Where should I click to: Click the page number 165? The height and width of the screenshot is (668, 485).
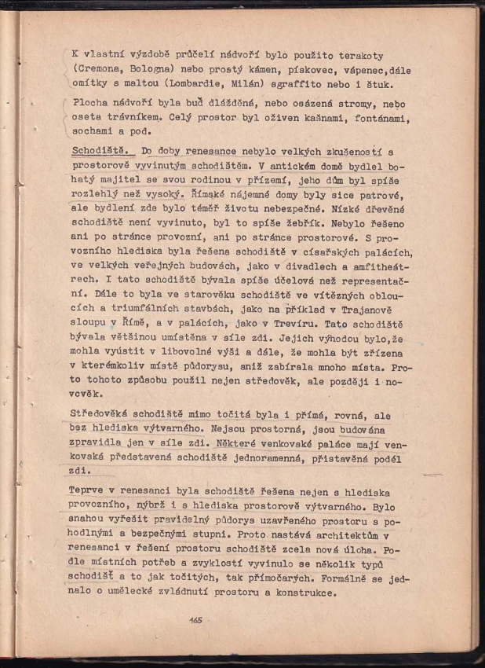[x=195, y=620]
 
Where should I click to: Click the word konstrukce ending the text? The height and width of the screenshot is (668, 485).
[x=302, y=593]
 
